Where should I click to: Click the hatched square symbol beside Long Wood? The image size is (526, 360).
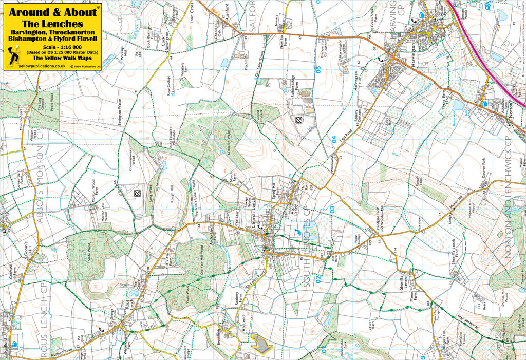coord(137,193)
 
